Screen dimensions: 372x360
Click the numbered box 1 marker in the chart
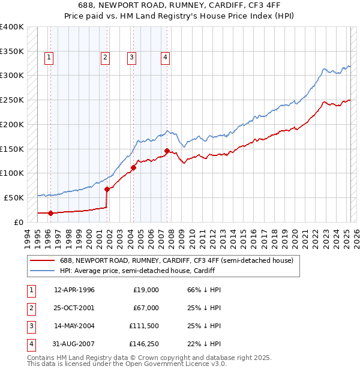pyautogui.click(x=49, y=58)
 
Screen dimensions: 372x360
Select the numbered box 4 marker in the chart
pyautogui.click(x=164, y=58)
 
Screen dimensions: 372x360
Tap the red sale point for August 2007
pyautogui.click(x=167, y=151)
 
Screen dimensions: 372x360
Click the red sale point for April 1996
pyautogui.click(x=50, y=213)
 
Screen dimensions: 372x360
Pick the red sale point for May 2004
pyautogui.click(x=133, y=167)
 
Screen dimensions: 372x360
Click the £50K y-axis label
pyautogui.click(x=14, y=197)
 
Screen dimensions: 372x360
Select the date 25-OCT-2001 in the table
pyautogui.click(x=74, y=308)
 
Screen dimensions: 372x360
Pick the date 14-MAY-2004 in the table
pyautogui.click(x=74, y=326)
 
